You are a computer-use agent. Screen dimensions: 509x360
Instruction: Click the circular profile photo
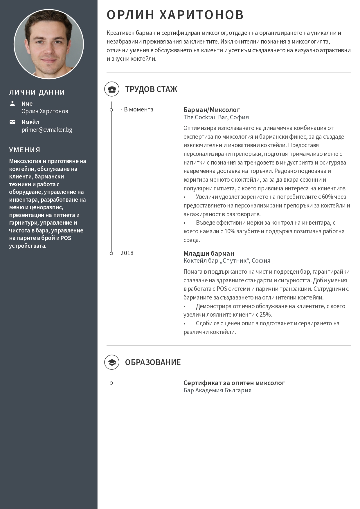[x=49, y=44]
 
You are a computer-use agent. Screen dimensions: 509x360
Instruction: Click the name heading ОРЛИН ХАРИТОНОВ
[x=175, y=15]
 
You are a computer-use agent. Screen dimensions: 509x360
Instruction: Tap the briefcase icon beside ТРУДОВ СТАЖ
[x=112, y=89]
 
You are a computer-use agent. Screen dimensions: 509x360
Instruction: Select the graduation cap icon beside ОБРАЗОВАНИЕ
[x=112, y=362]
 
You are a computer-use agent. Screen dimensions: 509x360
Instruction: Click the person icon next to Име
[x=12, y=104]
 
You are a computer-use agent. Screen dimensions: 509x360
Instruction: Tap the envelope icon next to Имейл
[x=12, y=122]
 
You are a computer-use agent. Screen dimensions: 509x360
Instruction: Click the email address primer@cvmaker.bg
[x=47, y=130]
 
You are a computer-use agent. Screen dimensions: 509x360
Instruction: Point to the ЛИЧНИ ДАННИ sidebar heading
[x=37, y=92]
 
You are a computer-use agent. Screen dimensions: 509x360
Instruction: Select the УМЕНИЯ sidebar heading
[x=25, y=150]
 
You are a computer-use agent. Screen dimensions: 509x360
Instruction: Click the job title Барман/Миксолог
[x=212, y=110]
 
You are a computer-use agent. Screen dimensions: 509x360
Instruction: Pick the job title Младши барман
[x=209, y=253]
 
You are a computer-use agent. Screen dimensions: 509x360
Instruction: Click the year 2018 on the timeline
[x=127, y=253]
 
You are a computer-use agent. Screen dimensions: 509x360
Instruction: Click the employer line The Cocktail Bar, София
[x=216, y=117]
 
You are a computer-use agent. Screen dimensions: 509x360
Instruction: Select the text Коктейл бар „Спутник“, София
[x=227, y=261]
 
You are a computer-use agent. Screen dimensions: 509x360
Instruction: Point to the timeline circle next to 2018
[x=111, y=253]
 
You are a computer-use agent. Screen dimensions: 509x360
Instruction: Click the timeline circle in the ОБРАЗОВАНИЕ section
[x=111, y=383]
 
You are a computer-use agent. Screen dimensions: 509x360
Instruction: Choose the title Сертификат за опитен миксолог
[x=234, y=383]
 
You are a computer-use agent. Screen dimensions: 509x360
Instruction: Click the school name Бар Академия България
[x=217, y=390]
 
